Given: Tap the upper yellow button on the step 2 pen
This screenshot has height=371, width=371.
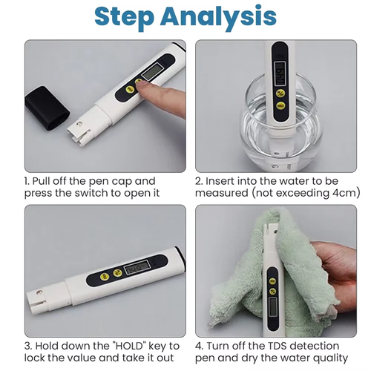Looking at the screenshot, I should pos(281,93).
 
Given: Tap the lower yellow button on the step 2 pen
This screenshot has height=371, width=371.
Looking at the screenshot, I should pos(280,105).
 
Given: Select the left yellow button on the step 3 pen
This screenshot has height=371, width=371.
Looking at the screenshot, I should pos(97,278).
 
